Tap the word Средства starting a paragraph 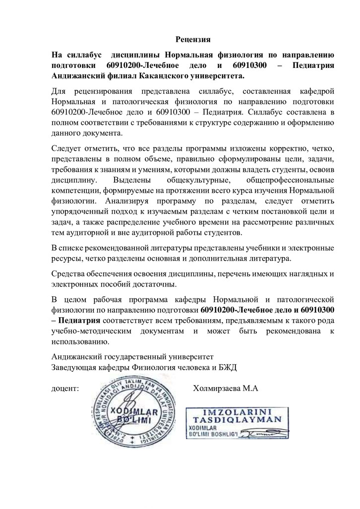pyautogui.click(x=69, y=273)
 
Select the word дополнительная pyautogui.click(x=224, y=259)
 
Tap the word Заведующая pyautogui.click(x=74, y=367)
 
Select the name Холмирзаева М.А pyautogui.click(x=226, y=389)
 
